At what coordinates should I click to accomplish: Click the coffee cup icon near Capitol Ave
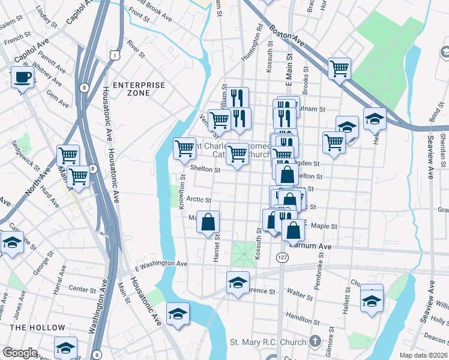(23, 77)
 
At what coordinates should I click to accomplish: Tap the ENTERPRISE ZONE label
(139, 89)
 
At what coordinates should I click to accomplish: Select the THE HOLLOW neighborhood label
(37, 328)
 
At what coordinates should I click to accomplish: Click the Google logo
(20, 353)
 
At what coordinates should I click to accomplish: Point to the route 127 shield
(282, 257)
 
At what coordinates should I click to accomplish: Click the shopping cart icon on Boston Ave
(339, 69)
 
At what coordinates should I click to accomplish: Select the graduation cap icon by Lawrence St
(238, 282)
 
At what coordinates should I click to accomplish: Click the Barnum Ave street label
(310, 245)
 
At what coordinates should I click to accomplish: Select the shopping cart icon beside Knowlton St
(184, 148)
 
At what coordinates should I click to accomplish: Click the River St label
(136, 49)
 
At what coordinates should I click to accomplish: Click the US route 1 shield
(113, 55)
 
